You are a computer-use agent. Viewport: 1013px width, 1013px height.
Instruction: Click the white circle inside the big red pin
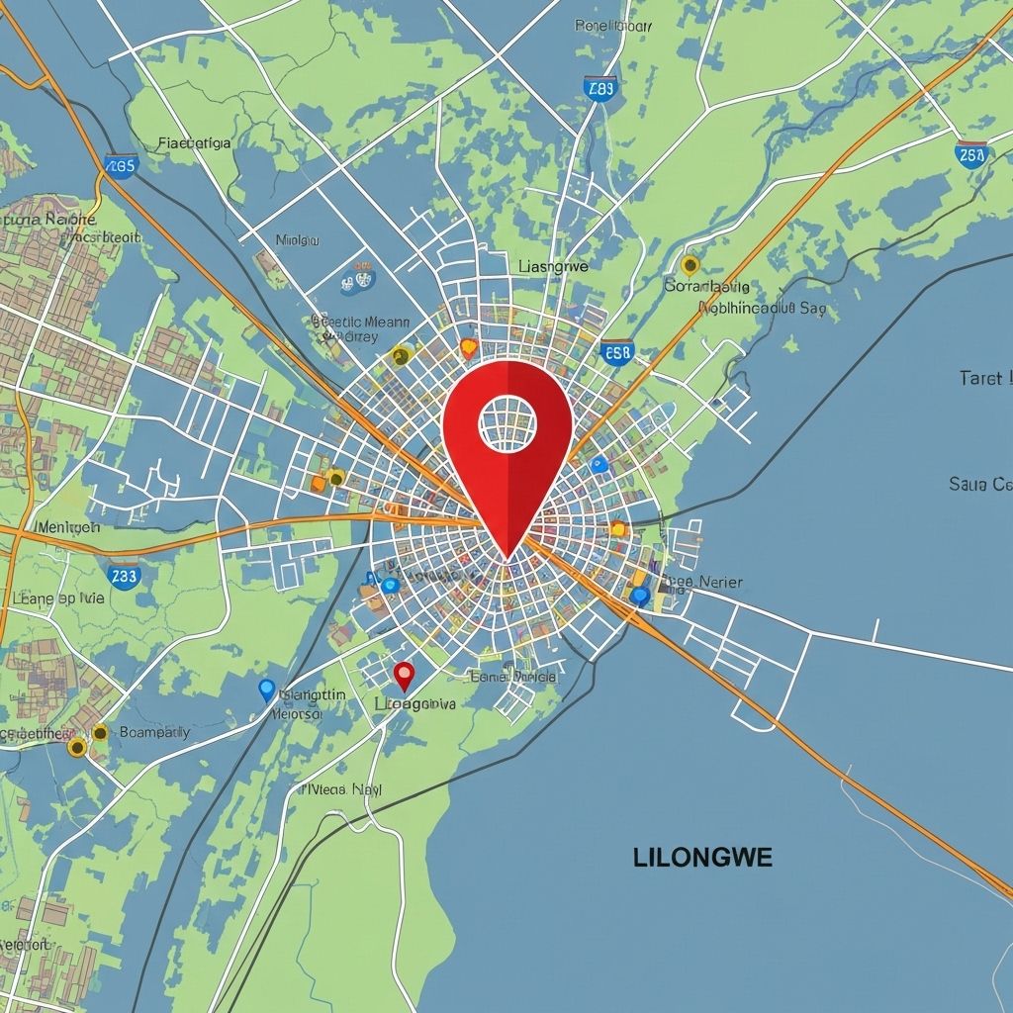pyautogui.click(x=507, y=422)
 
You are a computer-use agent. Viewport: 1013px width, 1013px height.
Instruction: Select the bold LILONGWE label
pyautogui.click(x=702, y=858)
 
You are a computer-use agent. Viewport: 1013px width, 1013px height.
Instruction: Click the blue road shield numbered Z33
pyautogui.click(x=125, y=576)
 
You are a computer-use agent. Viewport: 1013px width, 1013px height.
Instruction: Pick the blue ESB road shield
pyautogui.click(x=617, y=352)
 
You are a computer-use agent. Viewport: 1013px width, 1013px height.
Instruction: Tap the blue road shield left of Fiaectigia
pyautogui.click(x=120, y=165)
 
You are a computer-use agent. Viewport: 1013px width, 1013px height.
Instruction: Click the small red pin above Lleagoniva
pyautogui.click(x=404, y=676)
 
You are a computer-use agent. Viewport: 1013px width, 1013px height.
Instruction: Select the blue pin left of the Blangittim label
pyautogui.click(x=265, y=690)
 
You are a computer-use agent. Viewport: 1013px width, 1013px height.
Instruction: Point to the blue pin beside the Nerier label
pyautogui.click(x=640, y=596)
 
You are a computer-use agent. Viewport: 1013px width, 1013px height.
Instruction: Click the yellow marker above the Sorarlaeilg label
pyautogui.click(x=691, y=264)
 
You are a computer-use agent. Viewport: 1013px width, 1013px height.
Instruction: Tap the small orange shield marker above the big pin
pyautogui.click(x=469, y=347)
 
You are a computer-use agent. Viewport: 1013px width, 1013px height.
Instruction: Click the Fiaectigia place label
pyautogui.click(x=195, y=142)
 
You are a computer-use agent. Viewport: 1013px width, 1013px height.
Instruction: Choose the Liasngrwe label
pyautogui.click(x=553, y=266)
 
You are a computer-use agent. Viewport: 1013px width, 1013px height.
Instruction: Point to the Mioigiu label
pyautogui.click(x=299, y=239)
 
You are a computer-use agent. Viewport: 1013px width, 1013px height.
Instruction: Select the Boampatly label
pyautogui.click(x=153, y=733)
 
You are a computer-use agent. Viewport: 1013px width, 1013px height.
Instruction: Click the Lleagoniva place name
pyautogui.click(x=415, y=704)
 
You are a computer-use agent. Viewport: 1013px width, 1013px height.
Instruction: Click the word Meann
pyautogui.click(x=387, y=321)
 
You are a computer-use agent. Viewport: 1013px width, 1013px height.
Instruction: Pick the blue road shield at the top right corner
pyautogui.click(x=970, y=154)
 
